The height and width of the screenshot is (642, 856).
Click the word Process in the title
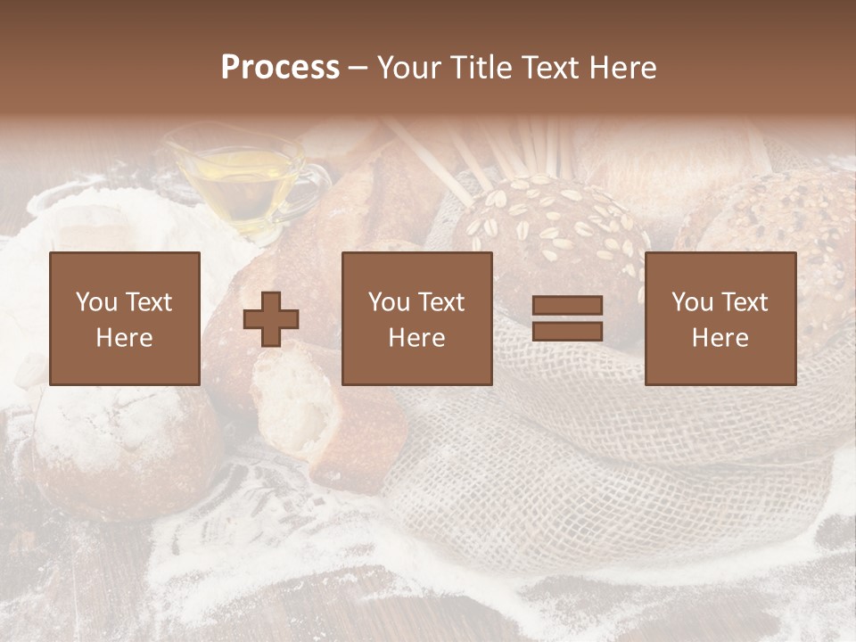(280, 68)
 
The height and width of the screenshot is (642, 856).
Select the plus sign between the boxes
(271, 319)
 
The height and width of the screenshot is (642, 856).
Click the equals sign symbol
(567, 318)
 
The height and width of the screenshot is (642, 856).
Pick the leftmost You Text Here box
(124, 318)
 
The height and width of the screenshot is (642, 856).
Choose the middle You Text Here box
(416, 318)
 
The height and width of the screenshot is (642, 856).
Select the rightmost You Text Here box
(720, 318)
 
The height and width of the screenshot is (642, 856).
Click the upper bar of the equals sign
(567, 306)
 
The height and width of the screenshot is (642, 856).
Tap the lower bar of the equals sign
(567, 332)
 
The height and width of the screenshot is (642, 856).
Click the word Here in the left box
(124, 338)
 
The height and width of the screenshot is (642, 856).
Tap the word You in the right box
(692, 302)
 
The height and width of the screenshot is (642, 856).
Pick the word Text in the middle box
(441, 302)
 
